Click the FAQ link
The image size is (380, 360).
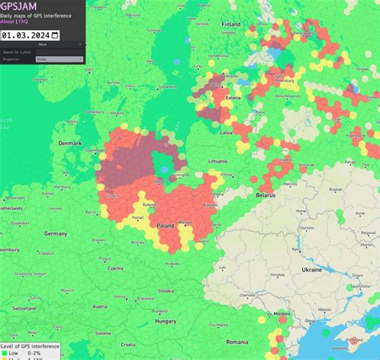click(24, 22)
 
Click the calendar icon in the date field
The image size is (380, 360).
click(55, 34)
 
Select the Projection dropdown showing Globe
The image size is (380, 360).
click(58, 59)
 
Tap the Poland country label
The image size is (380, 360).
click(165, 226)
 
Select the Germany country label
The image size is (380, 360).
click(55, 233)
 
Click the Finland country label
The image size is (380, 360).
click(231, 24)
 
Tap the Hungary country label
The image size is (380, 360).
click(165, 321)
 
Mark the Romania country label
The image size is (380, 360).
click(238, 342)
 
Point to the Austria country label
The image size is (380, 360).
click(99, 306)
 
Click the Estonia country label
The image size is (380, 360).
click(233, 99)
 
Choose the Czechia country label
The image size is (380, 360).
click(115, 268)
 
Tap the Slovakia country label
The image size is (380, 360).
click(166, 290)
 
